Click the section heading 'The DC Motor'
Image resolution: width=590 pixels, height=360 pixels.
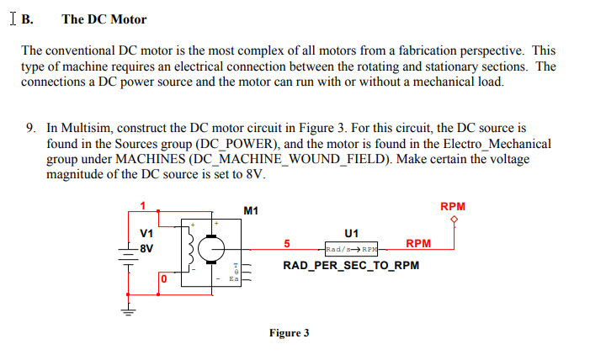[x=104, y=19]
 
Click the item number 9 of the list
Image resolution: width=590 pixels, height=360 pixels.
[x=30, y=129]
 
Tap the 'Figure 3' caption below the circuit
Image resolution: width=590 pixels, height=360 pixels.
[x=289, y=333]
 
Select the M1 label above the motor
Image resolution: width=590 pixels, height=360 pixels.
[x=251, y=210]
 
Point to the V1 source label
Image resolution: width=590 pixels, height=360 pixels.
[x=146, y=232]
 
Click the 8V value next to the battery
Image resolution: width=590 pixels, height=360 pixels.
[x=146, y=249]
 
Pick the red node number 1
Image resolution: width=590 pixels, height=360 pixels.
[x=143, y=205]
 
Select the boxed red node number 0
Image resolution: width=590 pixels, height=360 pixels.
[x=164, y=278]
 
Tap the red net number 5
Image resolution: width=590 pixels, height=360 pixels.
[x=287, y=244]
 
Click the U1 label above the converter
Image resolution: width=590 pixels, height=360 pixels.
[x=352, y=232]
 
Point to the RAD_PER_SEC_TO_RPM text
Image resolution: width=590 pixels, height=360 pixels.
[x=350, y=266]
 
